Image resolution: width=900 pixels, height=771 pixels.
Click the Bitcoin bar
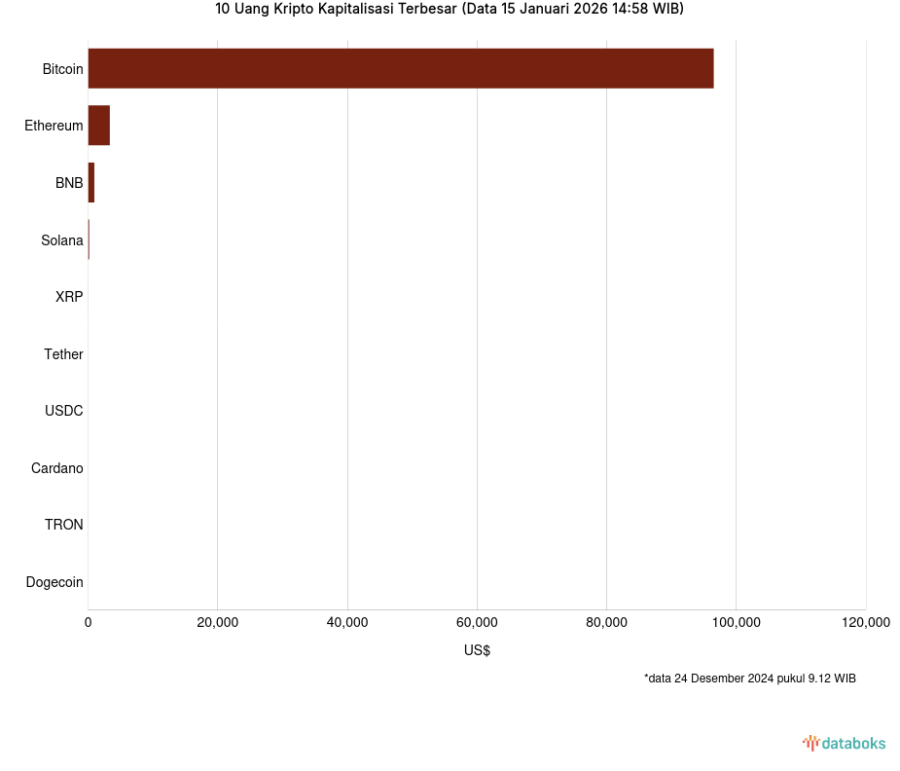click(400, 68)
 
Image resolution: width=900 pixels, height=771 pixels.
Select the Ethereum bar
click(98, 126)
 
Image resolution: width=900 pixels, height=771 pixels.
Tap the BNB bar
click(90, 183)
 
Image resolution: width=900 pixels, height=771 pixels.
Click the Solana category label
click(62, 240)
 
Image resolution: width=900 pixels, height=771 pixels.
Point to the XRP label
click(69, 297)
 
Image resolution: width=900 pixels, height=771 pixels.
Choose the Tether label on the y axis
click(63, 354)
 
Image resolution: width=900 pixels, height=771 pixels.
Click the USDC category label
click(64, 411)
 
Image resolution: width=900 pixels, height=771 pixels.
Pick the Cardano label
click(57, 468)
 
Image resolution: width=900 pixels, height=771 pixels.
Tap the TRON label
click(64, 525)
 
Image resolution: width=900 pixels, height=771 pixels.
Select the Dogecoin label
click(54, 582)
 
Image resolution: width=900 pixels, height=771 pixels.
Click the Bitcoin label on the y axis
click(62, 69)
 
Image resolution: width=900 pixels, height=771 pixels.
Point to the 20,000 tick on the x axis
click(217, 623)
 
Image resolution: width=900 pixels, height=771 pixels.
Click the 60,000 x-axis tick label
click(477, 623)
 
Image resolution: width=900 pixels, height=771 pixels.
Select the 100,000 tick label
click(736, 623)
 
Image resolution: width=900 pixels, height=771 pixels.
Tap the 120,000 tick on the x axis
click(865, 623)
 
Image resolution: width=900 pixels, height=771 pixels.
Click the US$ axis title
click(477, 650)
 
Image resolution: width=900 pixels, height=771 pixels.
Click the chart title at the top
click(450, 10)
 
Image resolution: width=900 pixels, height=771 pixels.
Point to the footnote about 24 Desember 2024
click(749, 679)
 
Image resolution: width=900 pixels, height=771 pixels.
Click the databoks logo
click(844, 743)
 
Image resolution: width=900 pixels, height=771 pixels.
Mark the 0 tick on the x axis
click(89, 623)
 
